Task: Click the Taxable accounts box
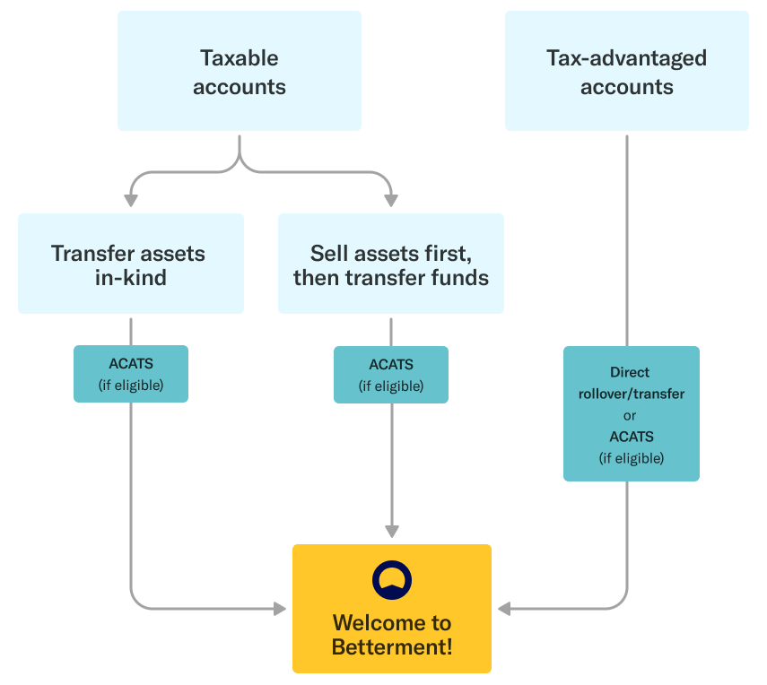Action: coord(240,72)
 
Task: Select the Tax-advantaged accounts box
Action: coord(626,72)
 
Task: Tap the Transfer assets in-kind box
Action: coord(131,264)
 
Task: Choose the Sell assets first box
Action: coord(390,264)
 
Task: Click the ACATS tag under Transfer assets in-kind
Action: coord(131,374)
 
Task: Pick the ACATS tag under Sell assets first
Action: coord(390,374)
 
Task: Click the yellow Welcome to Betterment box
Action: coord(392,609)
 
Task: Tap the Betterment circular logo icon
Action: coord(392,580)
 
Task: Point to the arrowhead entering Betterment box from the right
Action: coord(504,609)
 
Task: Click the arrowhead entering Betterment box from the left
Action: coord(280,609)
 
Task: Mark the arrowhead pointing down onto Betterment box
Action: coord(391,531)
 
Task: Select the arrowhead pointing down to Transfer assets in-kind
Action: coord(132,200)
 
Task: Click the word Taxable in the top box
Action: coord(240,58)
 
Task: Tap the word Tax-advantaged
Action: coord(626,58)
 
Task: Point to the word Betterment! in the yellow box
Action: coord(392,646)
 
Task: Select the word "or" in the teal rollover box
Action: coord(631,415)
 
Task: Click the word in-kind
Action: coord(131,277)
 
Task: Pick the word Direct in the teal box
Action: coord(630,372)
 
